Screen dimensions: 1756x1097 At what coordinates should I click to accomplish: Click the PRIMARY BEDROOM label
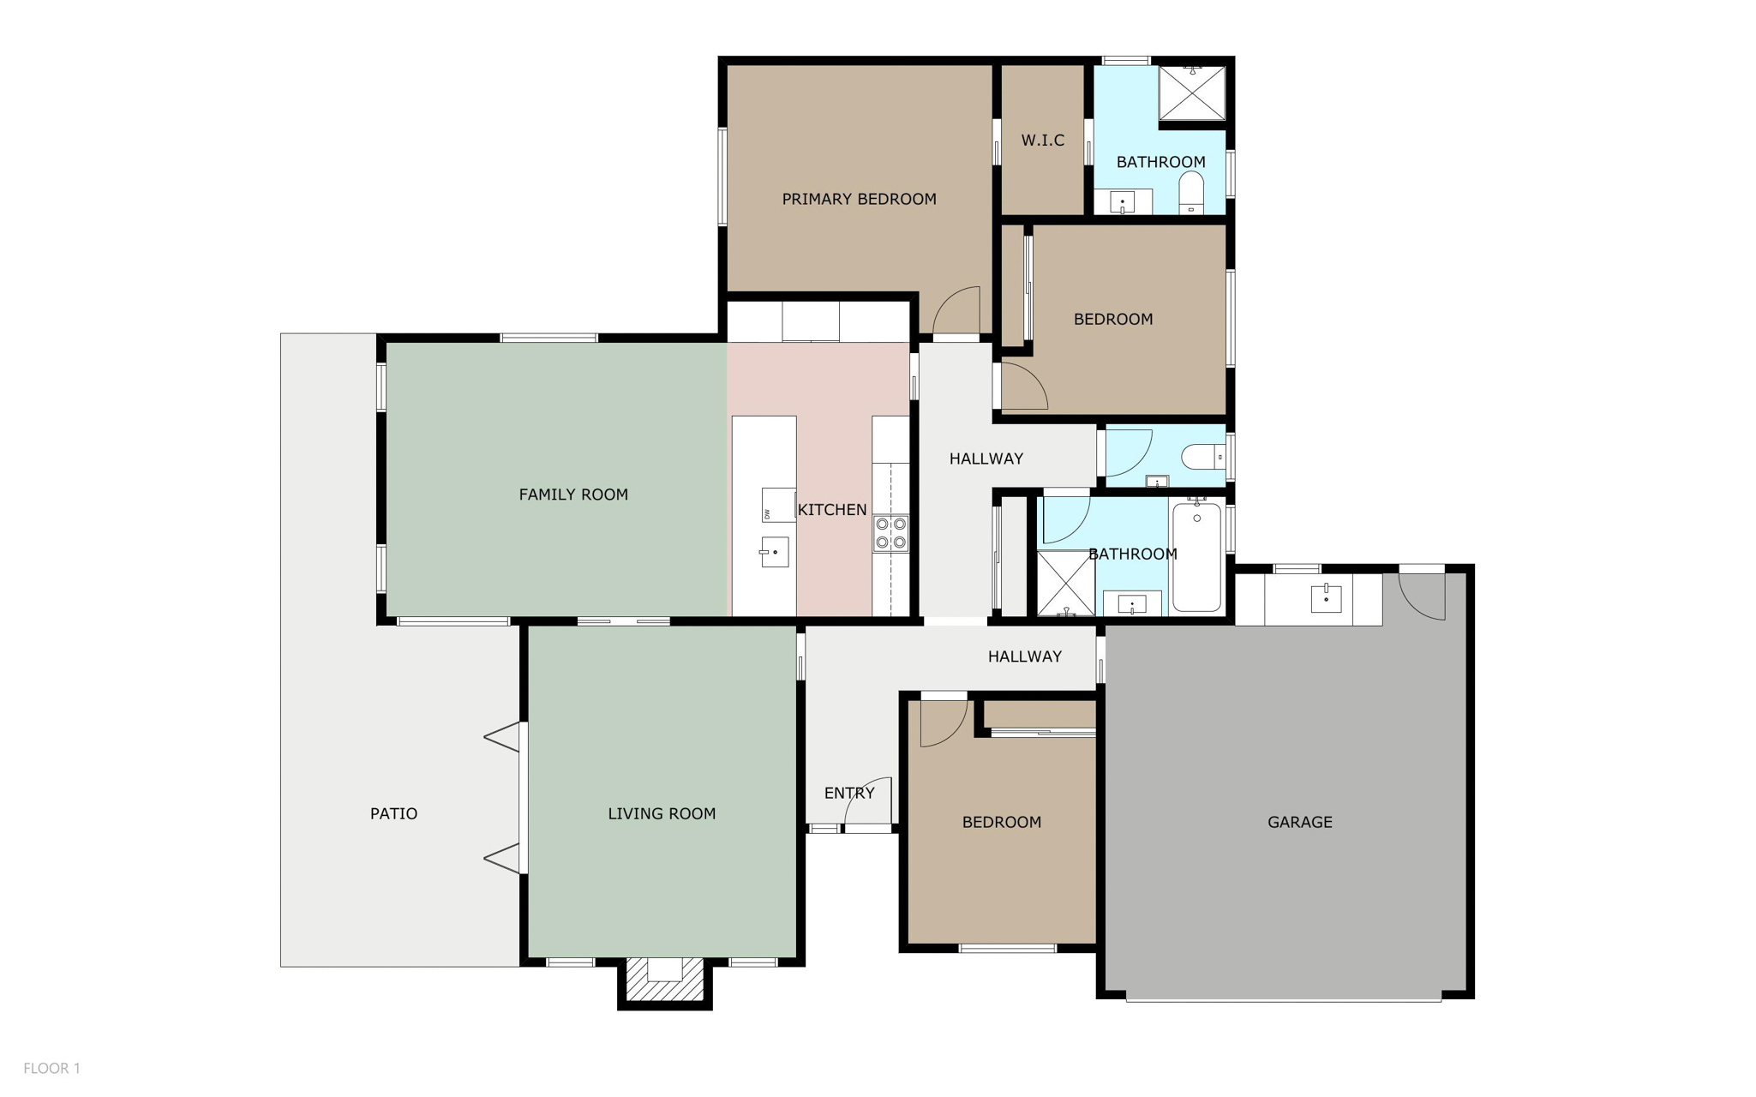tap(859, 199)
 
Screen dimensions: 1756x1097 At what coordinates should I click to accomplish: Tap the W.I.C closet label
tap(1042, 140)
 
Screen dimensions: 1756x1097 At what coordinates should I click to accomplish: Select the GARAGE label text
tap(1299, 822)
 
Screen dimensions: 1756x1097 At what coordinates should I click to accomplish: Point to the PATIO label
tap(393, 813)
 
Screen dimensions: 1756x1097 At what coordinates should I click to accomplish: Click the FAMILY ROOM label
tap(573, 495)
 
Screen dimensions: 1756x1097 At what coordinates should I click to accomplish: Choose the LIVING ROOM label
tap(662, 813)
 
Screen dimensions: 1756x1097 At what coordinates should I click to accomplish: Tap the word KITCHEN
tap(832, 510)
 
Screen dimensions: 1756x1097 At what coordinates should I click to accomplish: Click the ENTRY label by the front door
tap(849, 793)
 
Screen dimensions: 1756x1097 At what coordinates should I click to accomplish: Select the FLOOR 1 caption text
tap(51, 1068)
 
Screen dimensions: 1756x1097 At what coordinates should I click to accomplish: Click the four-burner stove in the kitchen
tap(890, 532)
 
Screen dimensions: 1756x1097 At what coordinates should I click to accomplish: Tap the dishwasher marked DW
tap(778, 505)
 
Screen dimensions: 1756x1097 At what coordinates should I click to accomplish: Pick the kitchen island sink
tap(774, 552)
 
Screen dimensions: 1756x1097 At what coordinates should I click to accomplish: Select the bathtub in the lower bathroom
tap(1196, 557)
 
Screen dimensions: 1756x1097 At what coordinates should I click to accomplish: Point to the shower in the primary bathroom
tap(1192, 93)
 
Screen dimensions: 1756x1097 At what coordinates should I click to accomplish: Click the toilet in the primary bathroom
tap(1191, 193)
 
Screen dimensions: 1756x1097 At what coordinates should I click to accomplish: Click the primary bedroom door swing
tap(956, 310)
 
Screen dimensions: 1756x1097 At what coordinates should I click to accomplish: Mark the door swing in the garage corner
tap(1423, 596)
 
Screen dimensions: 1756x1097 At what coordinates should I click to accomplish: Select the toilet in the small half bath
tap(1203, 458)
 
